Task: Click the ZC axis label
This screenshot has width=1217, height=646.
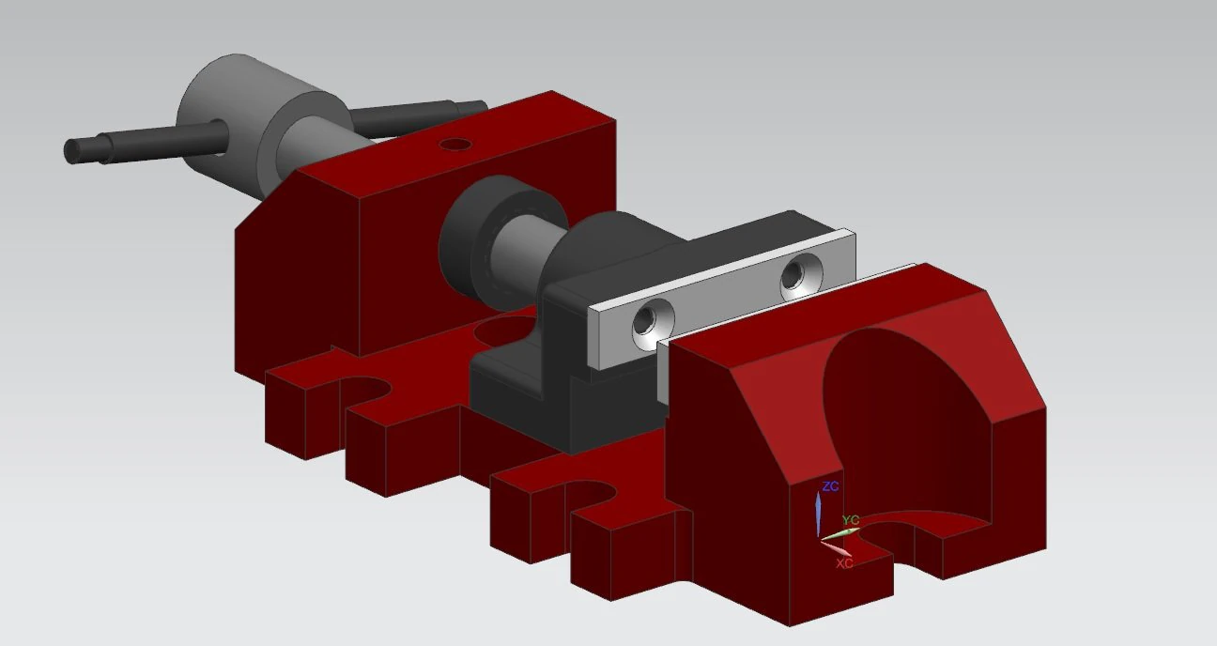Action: point(830,486)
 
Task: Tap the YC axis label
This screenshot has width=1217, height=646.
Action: point(850,520)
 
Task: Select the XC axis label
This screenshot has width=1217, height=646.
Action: point(844,563)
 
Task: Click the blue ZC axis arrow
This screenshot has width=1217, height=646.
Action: point(818,514)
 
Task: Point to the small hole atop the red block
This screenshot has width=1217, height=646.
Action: point(455,145)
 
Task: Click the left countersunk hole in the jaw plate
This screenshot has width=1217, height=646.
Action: point(653,324)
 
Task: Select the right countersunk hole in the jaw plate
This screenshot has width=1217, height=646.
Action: point(801,276)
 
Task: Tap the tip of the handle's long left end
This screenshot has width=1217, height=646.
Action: point(69,151)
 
